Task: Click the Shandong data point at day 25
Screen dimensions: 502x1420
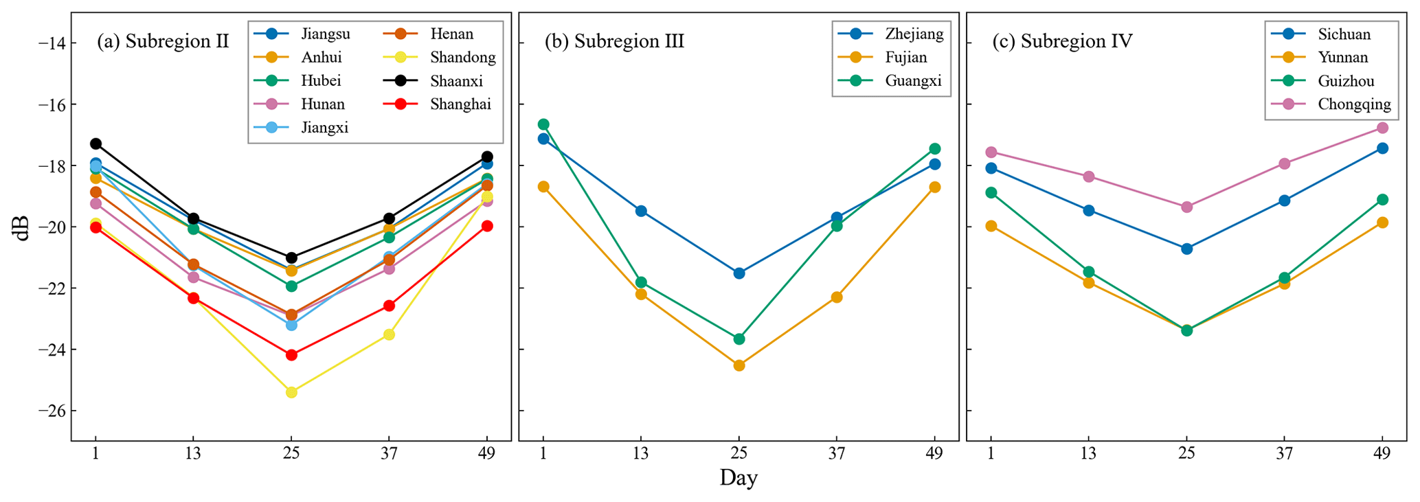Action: click(291, 392)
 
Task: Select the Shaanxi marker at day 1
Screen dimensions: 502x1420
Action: click(95, 144)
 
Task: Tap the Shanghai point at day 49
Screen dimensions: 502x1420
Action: click(487, 226)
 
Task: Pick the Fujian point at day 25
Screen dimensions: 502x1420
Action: click(739, 365)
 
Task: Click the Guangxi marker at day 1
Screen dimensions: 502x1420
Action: click(543, 124)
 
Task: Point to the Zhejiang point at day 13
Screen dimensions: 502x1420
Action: click(641, 211)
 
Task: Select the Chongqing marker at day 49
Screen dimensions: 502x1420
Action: click(1382, 128)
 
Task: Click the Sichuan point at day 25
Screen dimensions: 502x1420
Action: click(1186, 249)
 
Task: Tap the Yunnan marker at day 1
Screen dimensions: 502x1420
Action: click(991, 226)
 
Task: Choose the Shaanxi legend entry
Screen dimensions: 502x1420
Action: click(456, 81)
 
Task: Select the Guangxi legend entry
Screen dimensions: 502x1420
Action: click(913, 81)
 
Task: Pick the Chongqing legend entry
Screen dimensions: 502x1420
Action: click(1354, 104)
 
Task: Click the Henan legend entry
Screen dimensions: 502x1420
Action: click(451, 34)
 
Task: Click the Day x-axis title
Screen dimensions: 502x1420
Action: click(739, 478)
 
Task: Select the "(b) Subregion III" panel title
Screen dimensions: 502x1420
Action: click(614, 42)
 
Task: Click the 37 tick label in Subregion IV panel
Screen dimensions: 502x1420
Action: click(1284, 453)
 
